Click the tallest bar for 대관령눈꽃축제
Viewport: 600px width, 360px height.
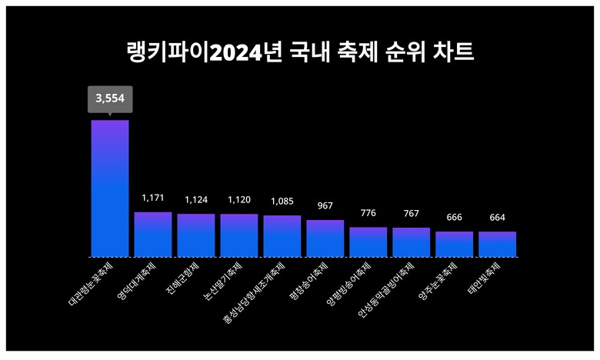tap(110, 188)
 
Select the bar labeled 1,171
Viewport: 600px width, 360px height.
tap(153, 234)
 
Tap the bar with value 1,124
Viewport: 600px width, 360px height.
tap(196, 235)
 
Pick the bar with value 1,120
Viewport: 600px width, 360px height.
tap(239, 235)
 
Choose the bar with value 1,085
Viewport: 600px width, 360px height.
tap(282, 235)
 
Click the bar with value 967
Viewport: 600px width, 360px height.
tap(325, 238)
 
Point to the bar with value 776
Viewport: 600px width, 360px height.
tap(368, 242)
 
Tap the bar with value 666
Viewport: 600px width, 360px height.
tap(454, 244)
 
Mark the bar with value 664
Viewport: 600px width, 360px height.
tap(497, 244)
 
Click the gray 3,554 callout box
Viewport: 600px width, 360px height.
tap(110, 98)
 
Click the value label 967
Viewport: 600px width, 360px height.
tap(325, 206)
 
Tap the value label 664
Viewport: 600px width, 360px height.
tap(497, 218)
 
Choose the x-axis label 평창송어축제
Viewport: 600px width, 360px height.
tap(310, 282)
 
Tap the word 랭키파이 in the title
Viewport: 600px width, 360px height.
tap(168, 52)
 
